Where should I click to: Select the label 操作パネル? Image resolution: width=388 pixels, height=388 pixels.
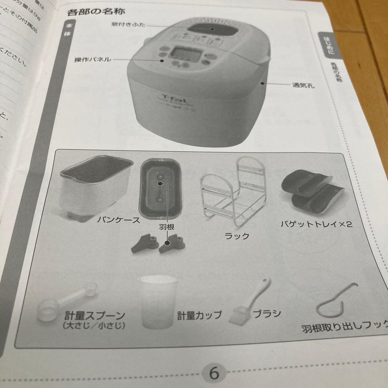pyautogui.click(x=93, y=60)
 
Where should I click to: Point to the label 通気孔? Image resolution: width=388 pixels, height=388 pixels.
pyautogui.click(x=301, y=86)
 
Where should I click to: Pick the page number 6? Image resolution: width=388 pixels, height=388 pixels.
pyautogui.click(x=214, y=373)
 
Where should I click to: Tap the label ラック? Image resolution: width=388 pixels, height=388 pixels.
pyautogui.click(x=236, y=236)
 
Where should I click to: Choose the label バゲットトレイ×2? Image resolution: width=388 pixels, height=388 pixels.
pyautogui.click(x=316, y=225)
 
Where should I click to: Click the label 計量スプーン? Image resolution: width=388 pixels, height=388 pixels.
pyautogui.click(x=94, y=316)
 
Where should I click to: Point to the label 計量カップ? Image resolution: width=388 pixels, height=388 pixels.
pyautogui.click(x=199, y=315)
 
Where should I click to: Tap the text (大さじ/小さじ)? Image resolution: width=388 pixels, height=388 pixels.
pyautogui.click(x=93, y=326)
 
